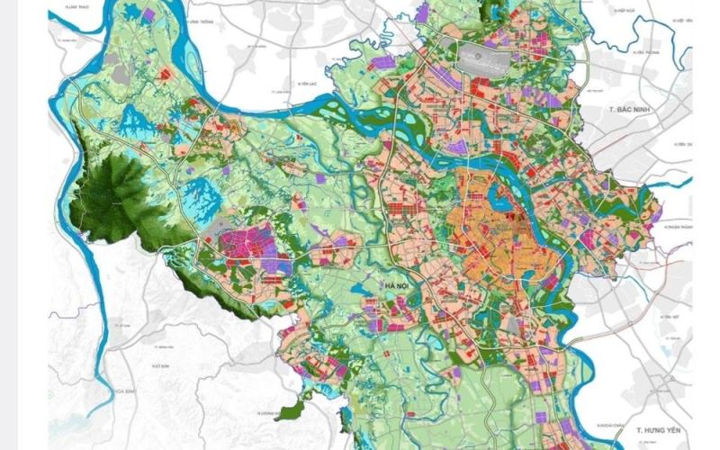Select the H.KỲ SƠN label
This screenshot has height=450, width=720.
[162, 368]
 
